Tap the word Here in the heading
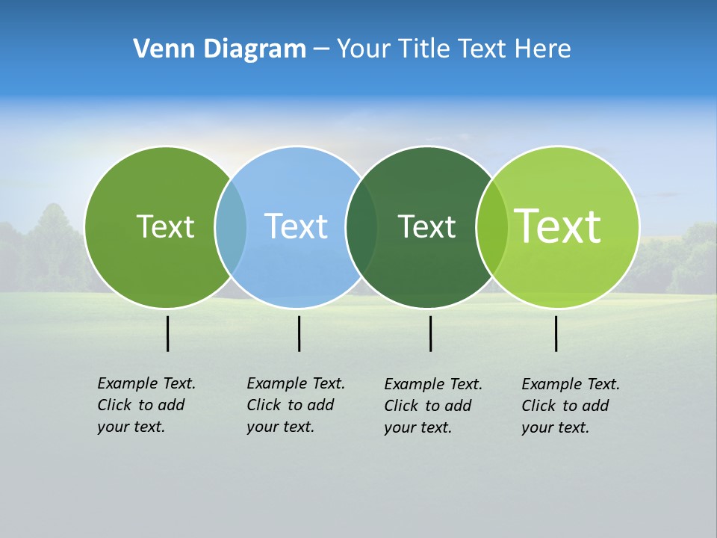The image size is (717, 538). [x=543, y=49]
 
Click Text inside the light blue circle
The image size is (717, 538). [x=296, y=226]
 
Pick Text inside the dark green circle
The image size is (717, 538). [x=426, y=226]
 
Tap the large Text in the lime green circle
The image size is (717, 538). [x=558, y=226]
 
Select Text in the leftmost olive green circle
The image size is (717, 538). [x=165, y=226]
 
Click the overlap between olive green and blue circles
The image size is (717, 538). [x=231, y=226]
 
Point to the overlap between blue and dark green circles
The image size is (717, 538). [x=361, y=226]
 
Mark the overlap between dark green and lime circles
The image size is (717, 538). [x=491, y=226]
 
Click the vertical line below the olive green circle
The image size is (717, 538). [x=167, y=333]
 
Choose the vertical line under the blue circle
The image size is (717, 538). [x=299, y=333]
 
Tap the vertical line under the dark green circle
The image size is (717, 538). [x=430, y=333]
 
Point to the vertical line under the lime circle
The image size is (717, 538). [x=556, y=333]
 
